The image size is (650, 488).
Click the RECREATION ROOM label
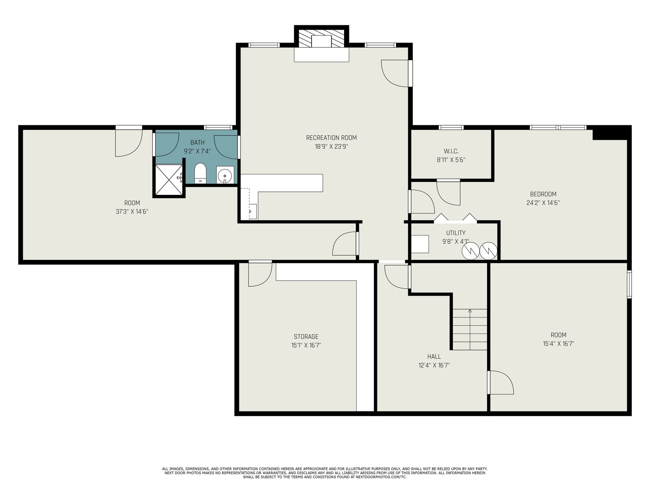click(x=331, y=138)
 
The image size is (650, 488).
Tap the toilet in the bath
click(x=200, y=173)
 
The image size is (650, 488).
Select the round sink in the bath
click(x=225, y=175)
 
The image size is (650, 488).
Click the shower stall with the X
click(x=169, y=180)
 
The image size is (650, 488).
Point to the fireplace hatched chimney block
click(x=322, y=38)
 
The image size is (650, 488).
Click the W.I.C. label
click(x=451, y=151)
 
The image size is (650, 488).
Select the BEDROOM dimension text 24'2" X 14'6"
click(x=543, y=203)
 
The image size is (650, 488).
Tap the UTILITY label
click(x=456, y=233)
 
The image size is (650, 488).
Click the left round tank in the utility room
click(x=470, y=251)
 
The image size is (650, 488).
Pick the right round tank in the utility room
click(x=488, y=251)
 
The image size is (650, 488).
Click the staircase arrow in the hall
click(x=470, y=329)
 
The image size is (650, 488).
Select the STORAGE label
click(x=306, y=337)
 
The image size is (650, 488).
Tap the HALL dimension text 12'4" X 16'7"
click(x=434, y=365)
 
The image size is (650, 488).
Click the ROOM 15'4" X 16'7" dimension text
click(x=559, y=344)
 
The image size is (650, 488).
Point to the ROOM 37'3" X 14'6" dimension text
click(x=132, y=211)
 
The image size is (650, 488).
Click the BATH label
click(x=197, y=142)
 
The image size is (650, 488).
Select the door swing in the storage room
click(x=260, y=274)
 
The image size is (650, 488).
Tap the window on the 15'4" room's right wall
click(x=629, y=284)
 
